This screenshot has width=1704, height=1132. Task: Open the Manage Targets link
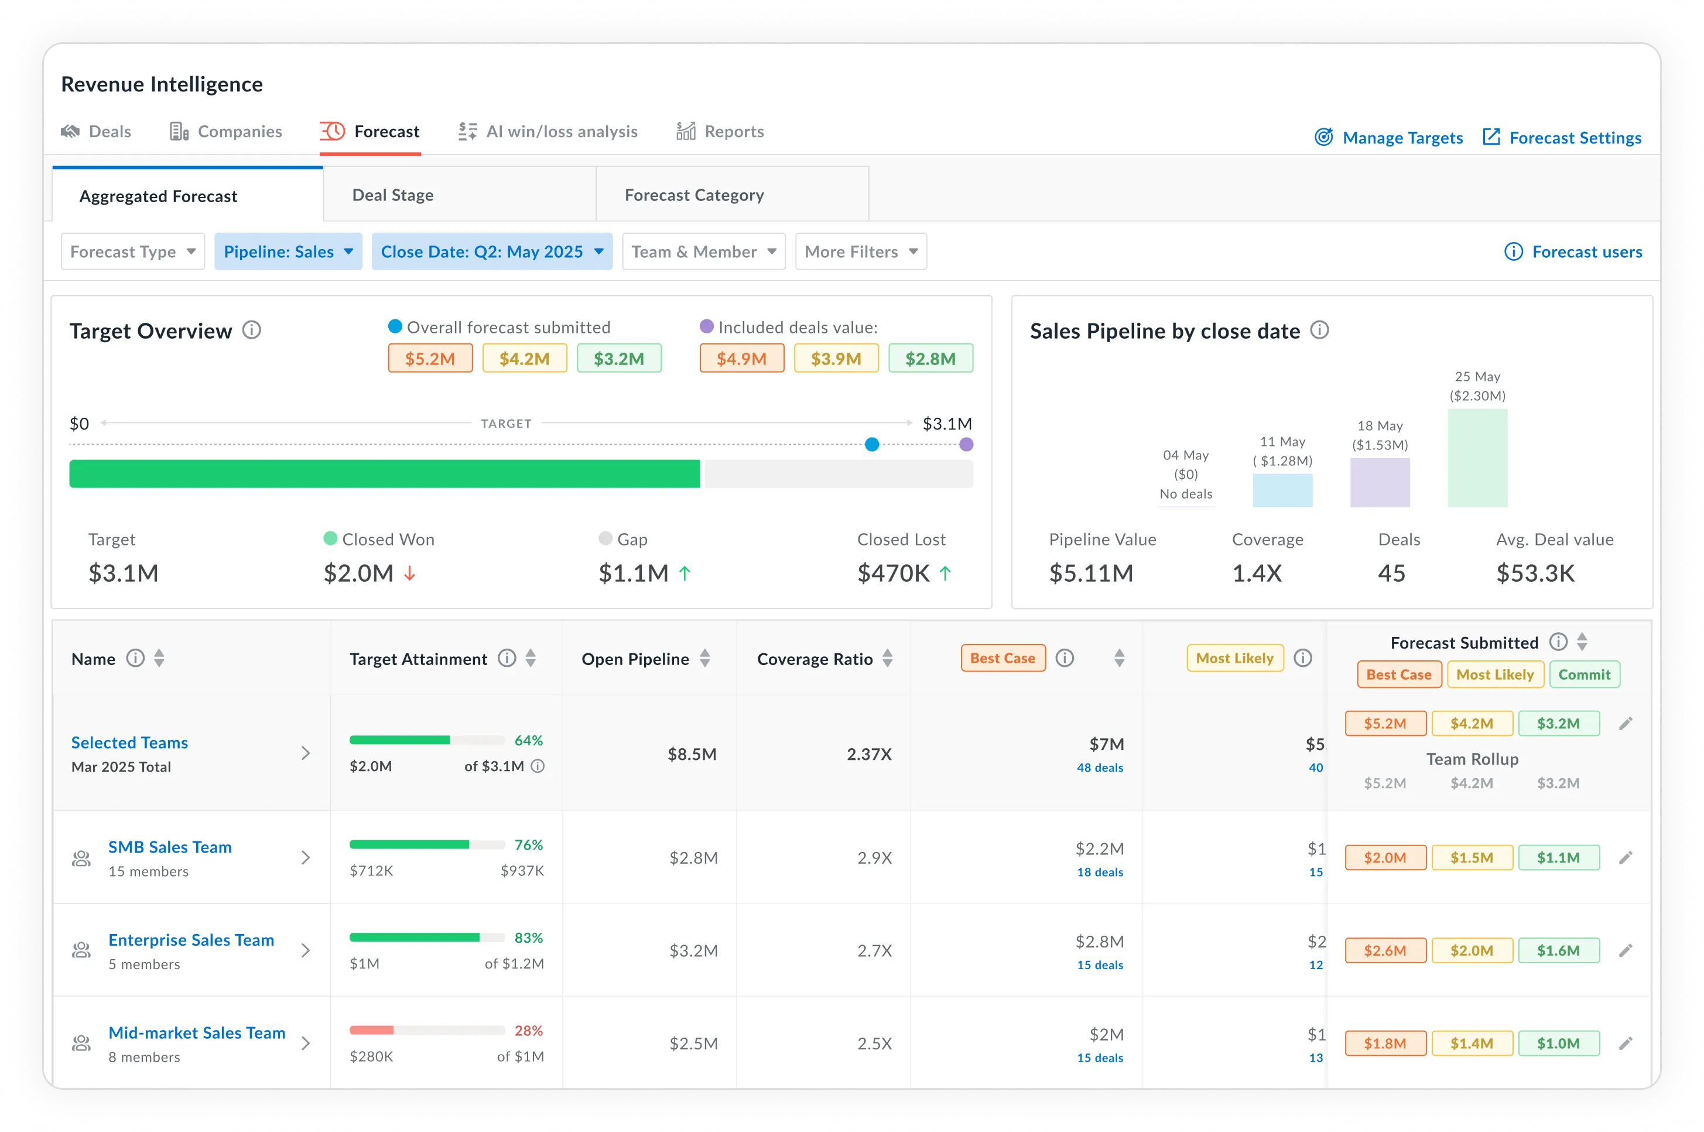pos(1402,137)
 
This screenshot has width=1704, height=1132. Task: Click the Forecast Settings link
pos(1574,137)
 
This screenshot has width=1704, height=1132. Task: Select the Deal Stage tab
pos(392,195)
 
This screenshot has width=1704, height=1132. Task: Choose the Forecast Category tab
pos(694,195)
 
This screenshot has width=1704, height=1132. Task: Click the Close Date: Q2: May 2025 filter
pos(491,251)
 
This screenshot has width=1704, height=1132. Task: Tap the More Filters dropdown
pos(860,251)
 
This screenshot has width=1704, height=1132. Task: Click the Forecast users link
pos(1586,251)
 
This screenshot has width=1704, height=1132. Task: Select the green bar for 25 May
pos(1477,458)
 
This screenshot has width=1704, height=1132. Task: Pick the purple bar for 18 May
pos(1380,482)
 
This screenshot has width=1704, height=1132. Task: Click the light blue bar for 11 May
pos(1282,490)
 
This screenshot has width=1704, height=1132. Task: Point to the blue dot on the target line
pos(871,444)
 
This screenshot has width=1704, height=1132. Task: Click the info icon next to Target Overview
pos(251,330)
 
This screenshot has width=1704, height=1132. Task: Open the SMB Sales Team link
pos(170,847)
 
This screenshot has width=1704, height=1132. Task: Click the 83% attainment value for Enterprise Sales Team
pos(528,937)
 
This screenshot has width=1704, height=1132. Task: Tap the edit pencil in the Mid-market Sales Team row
pos(1624,1043)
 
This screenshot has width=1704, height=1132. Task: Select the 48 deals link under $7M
pos(1100,768)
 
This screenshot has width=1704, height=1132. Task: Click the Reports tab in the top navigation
pos(733,131)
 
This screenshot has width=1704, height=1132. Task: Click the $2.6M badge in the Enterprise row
pos(1384,950)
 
